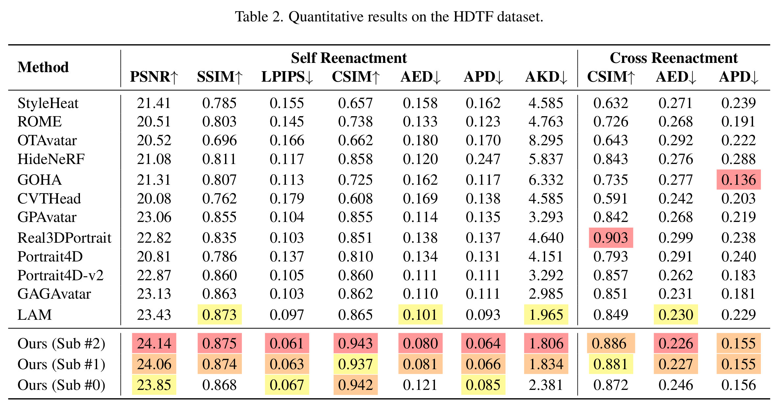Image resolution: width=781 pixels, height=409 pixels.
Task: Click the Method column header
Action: click(43, 67)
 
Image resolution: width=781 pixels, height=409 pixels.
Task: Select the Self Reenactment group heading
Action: click(349, 58)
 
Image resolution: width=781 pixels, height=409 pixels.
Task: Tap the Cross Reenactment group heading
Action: click(673, 58)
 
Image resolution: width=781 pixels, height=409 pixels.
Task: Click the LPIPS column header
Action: click(287, 77)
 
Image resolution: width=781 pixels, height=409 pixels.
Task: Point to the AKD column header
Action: click(546, 77)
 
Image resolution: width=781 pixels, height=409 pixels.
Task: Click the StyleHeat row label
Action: click(48, 103)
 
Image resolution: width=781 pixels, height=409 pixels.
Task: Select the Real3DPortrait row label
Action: click(64, 238)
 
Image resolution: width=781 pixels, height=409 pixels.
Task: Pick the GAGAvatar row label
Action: click(54, 294)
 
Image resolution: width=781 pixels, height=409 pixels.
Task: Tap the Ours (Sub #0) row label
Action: click(62, 385)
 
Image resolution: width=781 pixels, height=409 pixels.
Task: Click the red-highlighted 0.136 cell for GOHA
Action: click(739, 180)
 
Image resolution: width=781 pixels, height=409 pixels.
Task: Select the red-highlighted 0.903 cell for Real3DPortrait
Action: click(611, 238)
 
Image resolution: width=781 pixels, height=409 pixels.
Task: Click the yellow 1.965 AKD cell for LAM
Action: click(546, 315)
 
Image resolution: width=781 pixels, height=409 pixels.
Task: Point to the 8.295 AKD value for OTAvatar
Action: click(546, 141)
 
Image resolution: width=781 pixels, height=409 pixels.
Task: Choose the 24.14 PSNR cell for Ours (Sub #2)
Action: click(154, 343)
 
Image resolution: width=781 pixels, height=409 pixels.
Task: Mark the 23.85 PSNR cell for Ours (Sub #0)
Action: click(154, 385)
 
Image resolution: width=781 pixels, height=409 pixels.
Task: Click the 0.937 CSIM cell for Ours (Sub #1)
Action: click(355, 364)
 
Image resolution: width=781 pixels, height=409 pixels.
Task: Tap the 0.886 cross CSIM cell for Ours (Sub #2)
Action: click(611, 343)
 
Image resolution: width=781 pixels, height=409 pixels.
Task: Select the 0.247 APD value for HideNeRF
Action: click(483, 159)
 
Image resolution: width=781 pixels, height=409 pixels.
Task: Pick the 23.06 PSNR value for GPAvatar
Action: click(154, 217)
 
